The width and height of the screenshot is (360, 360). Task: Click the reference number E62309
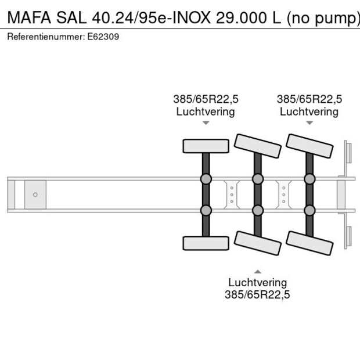pos(105,37)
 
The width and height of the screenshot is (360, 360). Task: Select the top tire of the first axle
pos(206,146)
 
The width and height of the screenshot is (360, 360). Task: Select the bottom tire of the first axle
pos(206,243)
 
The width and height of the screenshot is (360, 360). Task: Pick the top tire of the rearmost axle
pos(309,147)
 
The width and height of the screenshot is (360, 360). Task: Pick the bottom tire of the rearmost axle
pos(309,243)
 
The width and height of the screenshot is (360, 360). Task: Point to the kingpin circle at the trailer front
pos(35,195)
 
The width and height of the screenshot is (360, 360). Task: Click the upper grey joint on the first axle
pos(206,179)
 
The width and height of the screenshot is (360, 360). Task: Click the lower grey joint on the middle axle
pos(257,210)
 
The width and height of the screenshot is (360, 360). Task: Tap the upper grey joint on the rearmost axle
pos(309,179)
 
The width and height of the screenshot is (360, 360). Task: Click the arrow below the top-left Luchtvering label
pos(206,123)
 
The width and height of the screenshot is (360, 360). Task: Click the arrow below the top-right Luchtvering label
pos(309,123)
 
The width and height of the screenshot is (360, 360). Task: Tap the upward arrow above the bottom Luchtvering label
pos(257,271)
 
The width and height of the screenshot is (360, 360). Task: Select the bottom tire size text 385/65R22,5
pos(257,294)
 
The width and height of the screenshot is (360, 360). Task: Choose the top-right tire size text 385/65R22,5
pos(309,99)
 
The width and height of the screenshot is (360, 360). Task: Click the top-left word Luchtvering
pos(206,111)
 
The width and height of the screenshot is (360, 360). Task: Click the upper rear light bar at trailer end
pos(348,155)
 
